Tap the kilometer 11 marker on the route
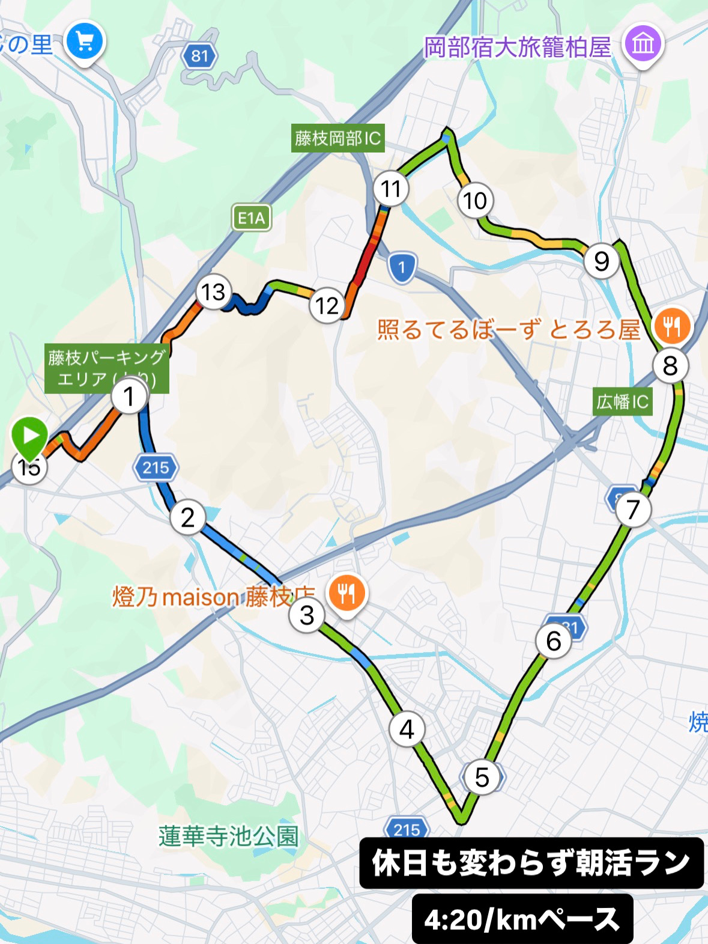point(390,189)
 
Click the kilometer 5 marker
point(482,778)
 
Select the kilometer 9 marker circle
point(601,261)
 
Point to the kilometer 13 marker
point(213,292)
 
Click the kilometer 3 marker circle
point(307,615)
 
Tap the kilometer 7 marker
point(632,510)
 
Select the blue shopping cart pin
point(85,42)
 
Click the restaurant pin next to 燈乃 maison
point(346,594)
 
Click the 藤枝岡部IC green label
point(337,139)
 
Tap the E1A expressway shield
point(252,218)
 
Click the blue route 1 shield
point(402,267)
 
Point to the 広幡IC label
point(622,401)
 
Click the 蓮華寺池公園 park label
point(228,836)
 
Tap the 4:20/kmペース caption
point(522,919)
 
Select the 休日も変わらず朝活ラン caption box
point(531,863)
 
